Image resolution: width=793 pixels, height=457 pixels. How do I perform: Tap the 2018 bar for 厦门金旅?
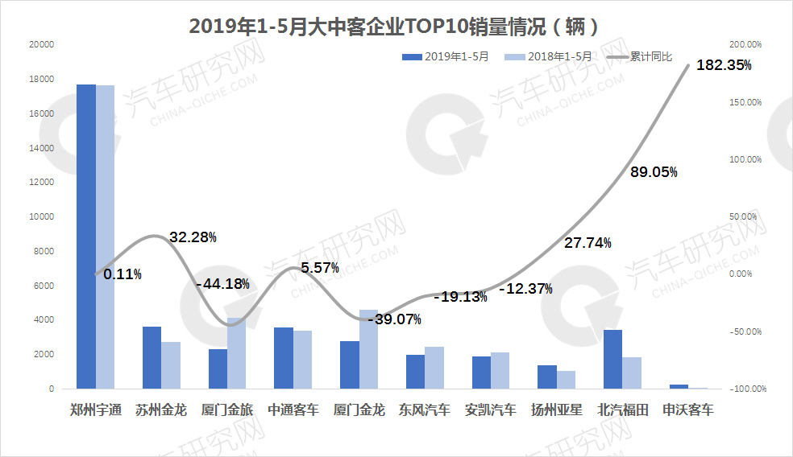pyautogui.click(x=237, y=353)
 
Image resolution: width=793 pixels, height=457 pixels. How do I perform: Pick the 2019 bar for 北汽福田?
pyautogui.click(x=612, y=359)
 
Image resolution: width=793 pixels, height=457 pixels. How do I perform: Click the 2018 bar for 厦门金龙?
pyautogui.click(x=368, y=349)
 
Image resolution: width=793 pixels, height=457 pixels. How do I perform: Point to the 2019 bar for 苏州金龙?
pyautogui.click(x=152, y=357)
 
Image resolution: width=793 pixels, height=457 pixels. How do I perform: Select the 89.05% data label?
pyautogui.click(x=653, y=171)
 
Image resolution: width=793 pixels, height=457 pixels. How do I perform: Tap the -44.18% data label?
pyautogui.click(x=222, y=284)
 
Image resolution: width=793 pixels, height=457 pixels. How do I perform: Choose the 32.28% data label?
pyautogui.click(x=193, y=237)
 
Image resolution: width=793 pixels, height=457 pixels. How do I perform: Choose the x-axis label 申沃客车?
pyautogui.click(x=687, y=410)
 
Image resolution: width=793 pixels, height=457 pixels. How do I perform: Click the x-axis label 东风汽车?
pyautogui.click(x=425, y=410)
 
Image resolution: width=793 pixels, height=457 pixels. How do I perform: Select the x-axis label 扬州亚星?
pyautogui.click(x=556, y=410)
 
